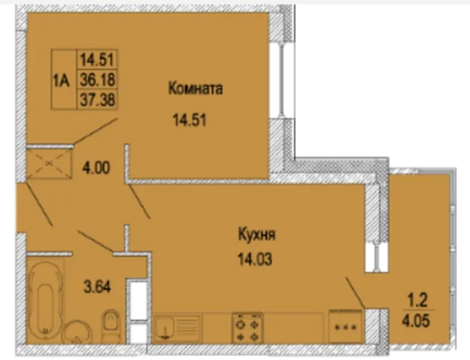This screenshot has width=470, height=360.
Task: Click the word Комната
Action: [x=195, y=89]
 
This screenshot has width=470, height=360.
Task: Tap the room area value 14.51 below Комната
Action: [x=190, y=121]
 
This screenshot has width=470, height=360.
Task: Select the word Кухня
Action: [x=257, y=234]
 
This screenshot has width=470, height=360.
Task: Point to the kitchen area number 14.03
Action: [x=255, y=258]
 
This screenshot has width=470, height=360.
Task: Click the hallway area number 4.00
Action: [x=96, y=168]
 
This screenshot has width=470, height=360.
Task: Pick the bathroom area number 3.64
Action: [x=97, y=287]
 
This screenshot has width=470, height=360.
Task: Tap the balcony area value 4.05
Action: [x=416, y=322]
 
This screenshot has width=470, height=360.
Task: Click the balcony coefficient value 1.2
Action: [x=417, y=301]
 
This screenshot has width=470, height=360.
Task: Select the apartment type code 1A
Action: [x=62, y=81]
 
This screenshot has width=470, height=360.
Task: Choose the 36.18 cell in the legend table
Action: [x=97, y=79]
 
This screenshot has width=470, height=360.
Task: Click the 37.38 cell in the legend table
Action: [x=97, y=99]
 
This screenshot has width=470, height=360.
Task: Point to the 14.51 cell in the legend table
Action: [x=97, y=59]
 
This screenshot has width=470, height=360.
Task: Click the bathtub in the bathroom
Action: [x=45, y=301]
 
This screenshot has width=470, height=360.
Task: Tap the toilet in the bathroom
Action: [x=111, y=326]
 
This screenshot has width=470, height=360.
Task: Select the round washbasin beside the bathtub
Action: [x=76, y=332]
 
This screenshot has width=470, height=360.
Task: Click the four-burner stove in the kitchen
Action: [x=248, y=328]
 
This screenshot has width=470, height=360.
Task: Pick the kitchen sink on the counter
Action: [x=177, y=328]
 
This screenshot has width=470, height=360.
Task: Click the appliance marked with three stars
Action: [x=346, y=326]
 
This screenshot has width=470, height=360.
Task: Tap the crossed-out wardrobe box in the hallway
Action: [x=50, y=163]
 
